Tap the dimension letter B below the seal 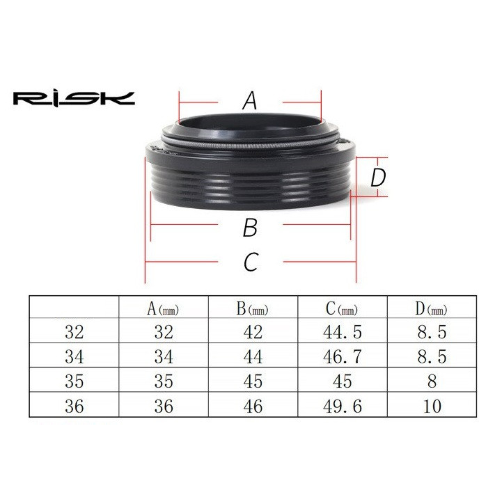click(x=250, y=228)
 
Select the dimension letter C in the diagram click(x=251, y=261)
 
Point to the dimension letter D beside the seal click(x=378, y=178)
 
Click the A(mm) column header click(x=163, y=309)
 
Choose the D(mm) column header click(x=431, y=309)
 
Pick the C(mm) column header click(x=342, y=309)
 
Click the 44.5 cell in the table click(x=342, y=332)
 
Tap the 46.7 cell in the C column click(x=342, y=357)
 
